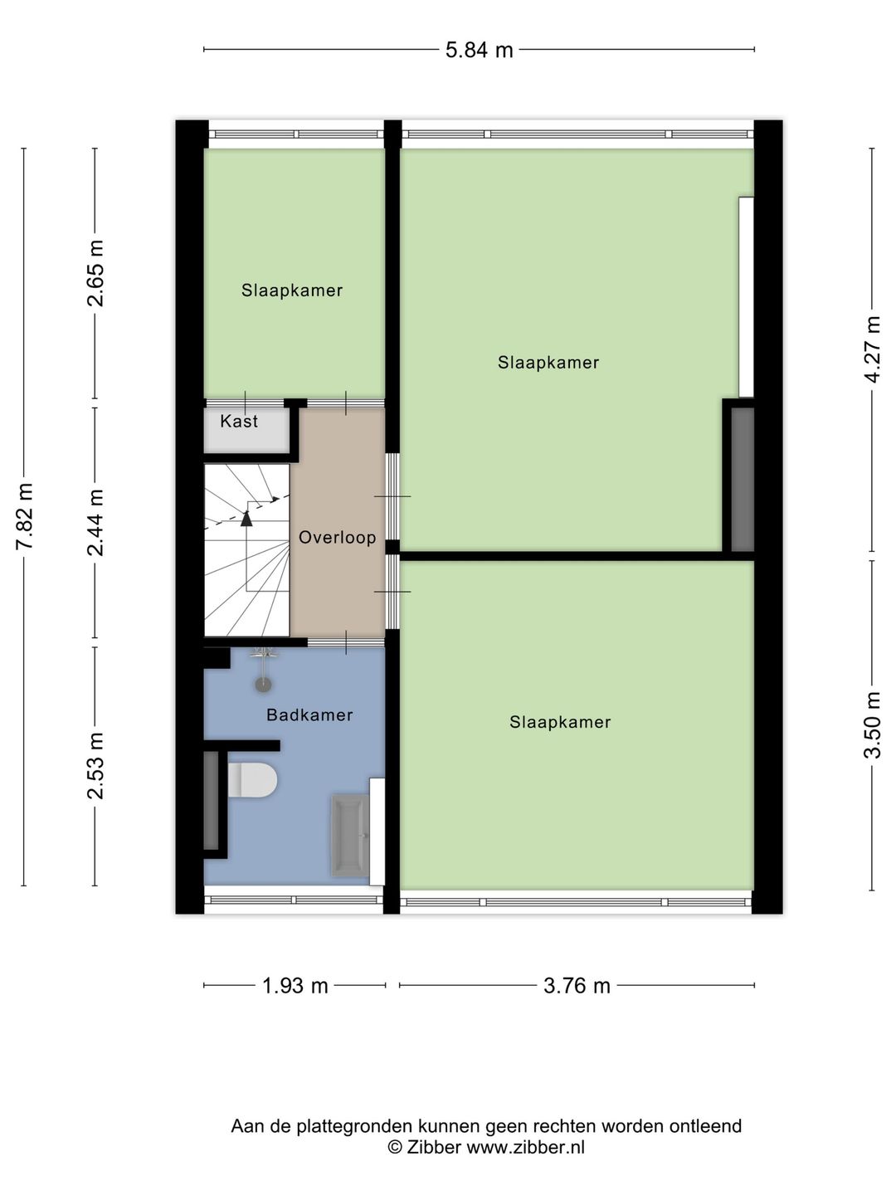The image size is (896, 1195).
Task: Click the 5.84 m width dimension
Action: [479, 51]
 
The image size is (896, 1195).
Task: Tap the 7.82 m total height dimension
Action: [25, 516]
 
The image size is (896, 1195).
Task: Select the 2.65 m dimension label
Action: [96, 273]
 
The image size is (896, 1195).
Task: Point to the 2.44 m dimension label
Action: [96, 522]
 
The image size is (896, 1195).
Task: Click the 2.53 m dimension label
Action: [96, 765]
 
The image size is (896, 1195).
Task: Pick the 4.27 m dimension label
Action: [872, 349]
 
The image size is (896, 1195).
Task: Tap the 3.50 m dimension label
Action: [872, 724]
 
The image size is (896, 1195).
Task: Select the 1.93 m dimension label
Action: [295, 986]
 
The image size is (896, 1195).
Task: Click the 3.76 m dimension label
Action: [577, 986]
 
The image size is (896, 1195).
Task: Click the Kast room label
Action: [239, 422]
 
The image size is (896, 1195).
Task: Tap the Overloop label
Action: [337, 538]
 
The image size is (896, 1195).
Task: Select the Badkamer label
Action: [309, 715]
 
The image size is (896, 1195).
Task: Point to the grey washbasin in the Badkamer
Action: [349, 836]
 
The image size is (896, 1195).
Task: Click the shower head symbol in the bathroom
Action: [263, 684]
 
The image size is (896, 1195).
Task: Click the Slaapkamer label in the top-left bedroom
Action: [292, 290]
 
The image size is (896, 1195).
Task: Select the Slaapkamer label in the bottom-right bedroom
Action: [560, 723]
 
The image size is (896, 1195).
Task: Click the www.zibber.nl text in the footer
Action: [525, 1148]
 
